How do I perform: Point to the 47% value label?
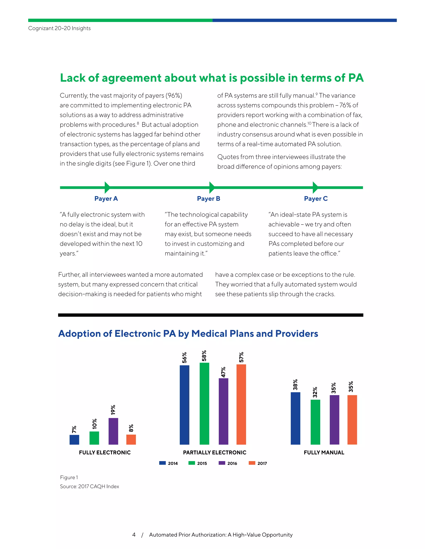click(223, 372)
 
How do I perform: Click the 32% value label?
click(315, 392)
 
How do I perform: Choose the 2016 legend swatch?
click(222, 463)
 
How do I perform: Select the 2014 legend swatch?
click(162, 463)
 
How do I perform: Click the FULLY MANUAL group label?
click(324, 452)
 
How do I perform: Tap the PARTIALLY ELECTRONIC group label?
click(215, 452)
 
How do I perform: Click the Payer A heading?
click(106, 199)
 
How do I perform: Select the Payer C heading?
click(316, 199)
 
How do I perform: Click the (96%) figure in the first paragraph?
click(174, 96)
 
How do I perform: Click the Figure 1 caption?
click(69, 477)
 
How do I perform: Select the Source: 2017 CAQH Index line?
click(89, 486)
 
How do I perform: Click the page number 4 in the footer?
click(134, 535)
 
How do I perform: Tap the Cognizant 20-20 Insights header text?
click(59, 28)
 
